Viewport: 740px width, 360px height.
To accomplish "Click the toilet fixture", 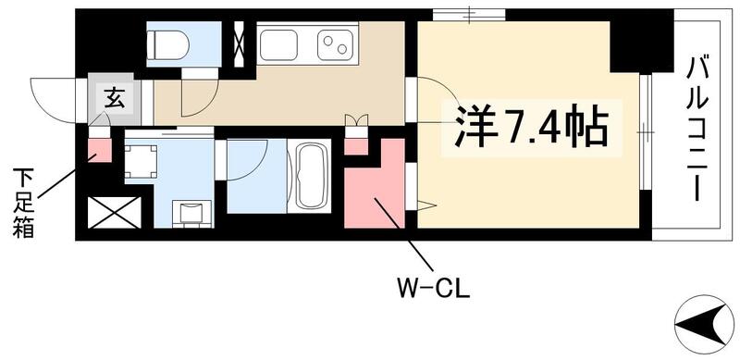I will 169,43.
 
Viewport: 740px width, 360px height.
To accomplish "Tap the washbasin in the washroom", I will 191,212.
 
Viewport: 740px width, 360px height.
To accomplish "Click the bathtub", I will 309,177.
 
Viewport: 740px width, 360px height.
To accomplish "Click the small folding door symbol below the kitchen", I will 356,119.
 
